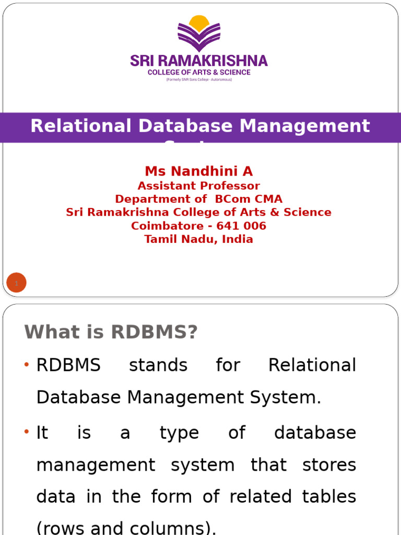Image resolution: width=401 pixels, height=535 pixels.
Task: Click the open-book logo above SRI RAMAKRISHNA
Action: coord(199,37)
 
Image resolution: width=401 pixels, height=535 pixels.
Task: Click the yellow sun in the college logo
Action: coord(199,22)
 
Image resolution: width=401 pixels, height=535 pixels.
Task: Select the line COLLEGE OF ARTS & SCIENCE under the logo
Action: coord(199,72)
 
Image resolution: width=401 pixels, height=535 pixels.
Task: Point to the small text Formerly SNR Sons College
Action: coord(199,79)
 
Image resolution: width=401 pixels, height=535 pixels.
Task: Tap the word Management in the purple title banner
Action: coord(305,126)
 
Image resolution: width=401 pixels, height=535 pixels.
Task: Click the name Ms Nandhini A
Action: coord(199,171)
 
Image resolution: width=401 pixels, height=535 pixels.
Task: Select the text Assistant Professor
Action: coord(199,186)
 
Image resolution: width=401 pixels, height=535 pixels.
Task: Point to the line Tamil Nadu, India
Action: coord(199,239)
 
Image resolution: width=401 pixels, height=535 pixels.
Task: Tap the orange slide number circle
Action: coord(16,283)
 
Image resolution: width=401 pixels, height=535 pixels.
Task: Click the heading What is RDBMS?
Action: coord(111,332)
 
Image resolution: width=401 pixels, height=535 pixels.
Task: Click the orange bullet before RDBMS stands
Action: coord(27,364)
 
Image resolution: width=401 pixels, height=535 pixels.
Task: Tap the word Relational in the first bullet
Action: coord(312,365)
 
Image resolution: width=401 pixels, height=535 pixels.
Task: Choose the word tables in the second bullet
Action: coord(332,497)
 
